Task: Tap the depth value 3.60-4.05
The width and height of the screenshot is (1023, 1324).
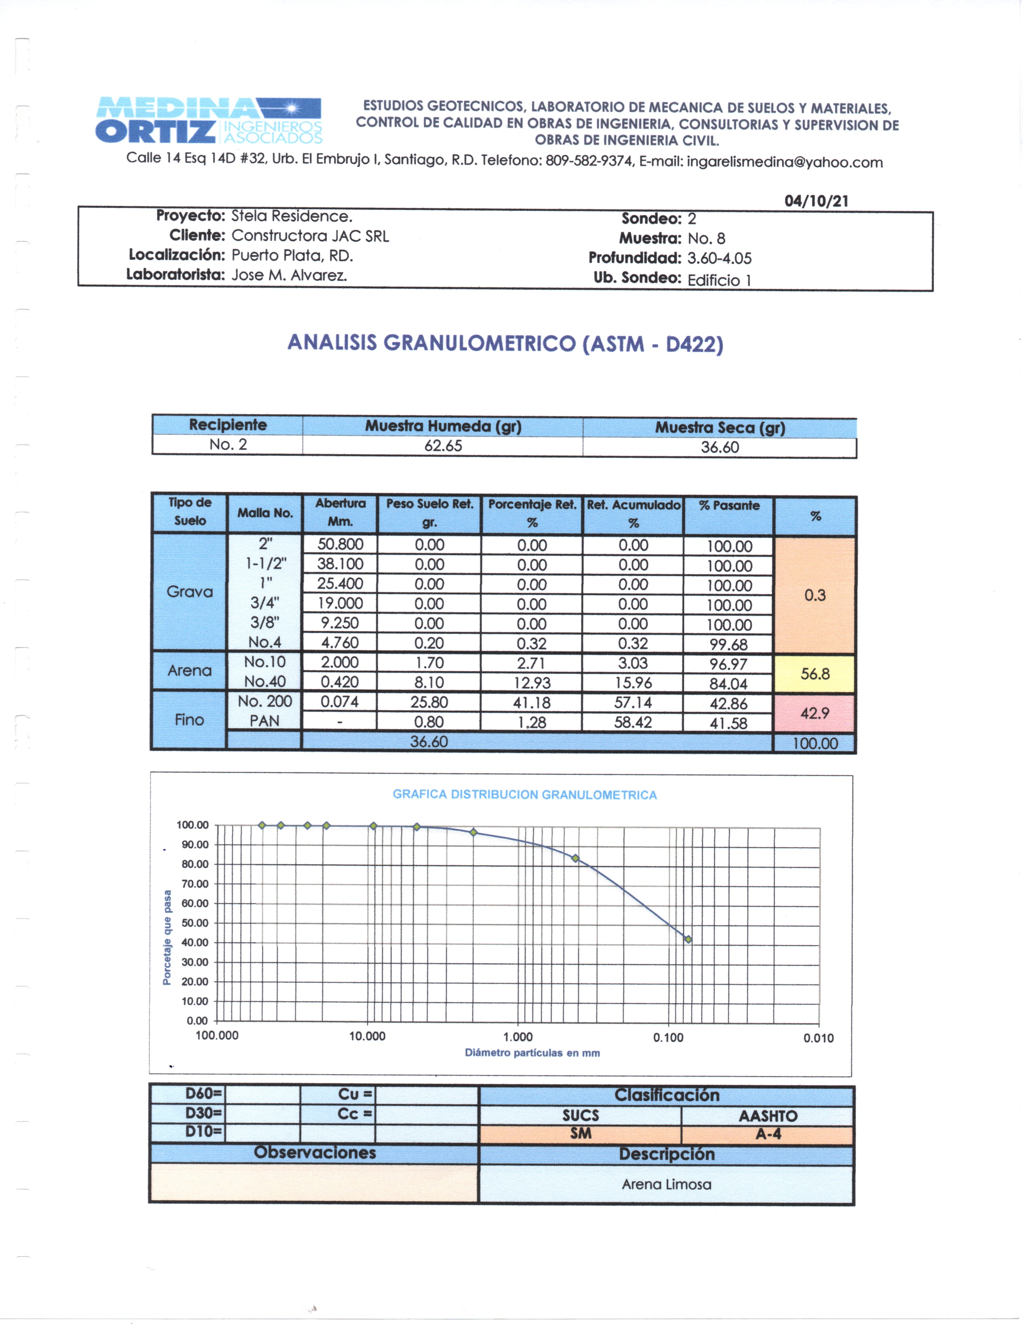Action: click(x=719, y=258)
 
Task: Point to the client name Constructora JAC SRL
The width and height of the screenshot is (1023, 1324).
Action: click(x=310, y=236)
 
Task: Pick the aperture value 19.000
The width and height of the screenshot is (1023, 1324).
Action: click(x=340, y=603)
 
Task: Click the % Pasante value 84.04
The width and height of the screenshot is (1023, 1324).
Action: click(x=728, y=684)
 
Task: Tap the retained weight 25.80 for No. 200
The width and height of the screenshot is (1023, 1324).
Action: click(x=429, y=702)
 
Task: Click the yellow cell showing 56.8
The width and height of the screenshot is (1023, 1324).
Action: click(x=814, y=673)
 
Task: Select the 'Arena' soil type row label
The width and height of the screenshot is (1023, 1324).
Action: click(x=190, y=670)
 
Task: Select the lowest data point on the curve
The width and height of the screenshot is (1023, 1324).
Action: click(x=688, y=939)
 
